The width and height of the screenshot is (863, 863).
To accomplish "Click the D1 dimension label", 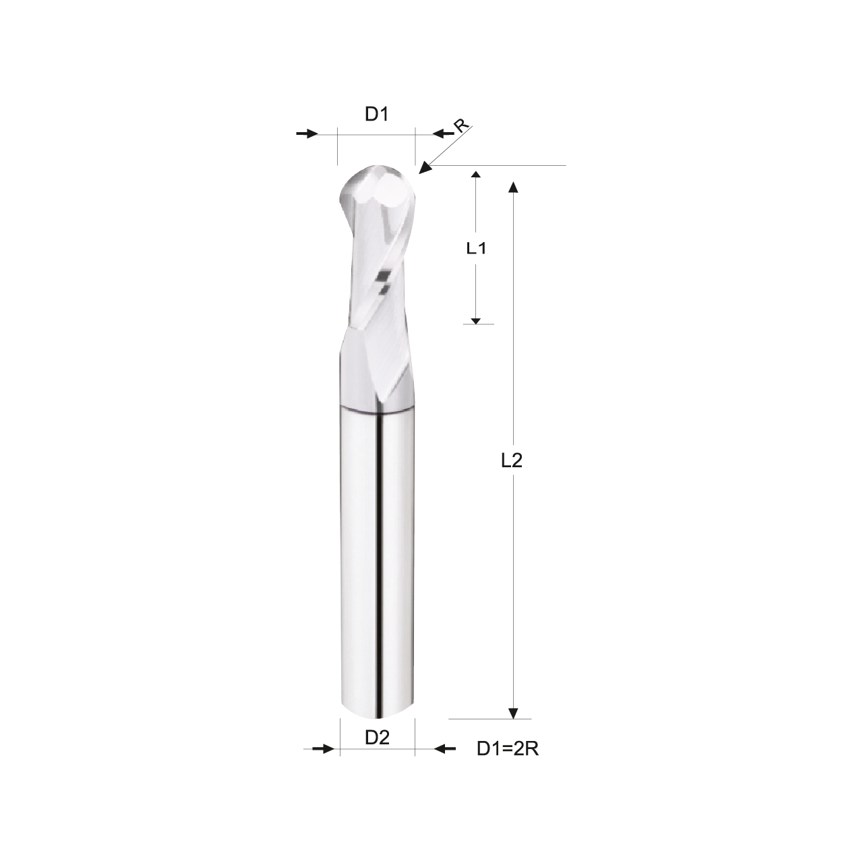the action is coord(376,115).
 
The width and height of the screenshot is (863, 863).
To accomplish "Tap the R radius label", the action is coord(462,126).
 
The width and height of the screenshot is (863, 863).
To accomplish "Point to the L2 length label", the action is coord(512,460).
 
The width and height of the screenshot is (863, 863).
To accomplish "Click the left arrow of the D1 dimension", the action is coord(307,133).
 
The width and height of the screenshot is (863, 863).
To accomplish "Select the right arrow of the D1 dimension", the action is coord(444,133).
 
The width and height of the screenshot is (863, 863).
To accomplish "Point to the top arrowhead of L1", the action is coord(476,175).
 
